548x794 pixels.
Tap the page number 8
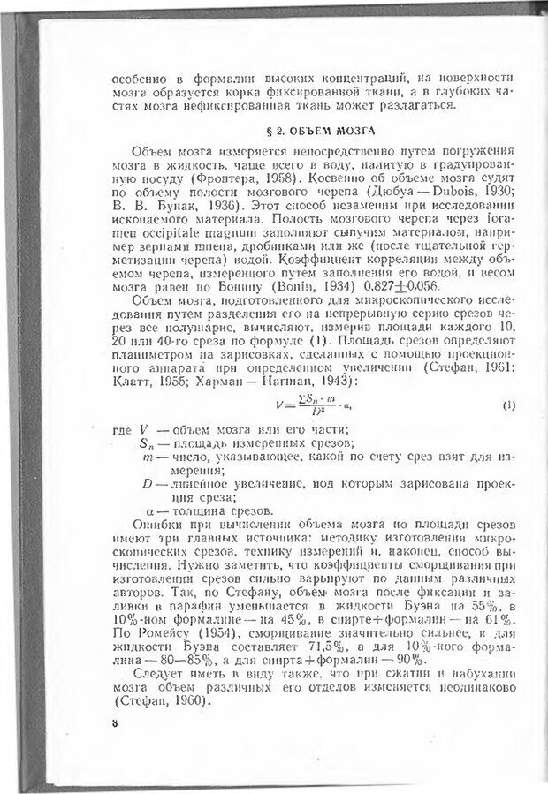115,722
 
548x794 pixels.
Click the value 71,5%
287,649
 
